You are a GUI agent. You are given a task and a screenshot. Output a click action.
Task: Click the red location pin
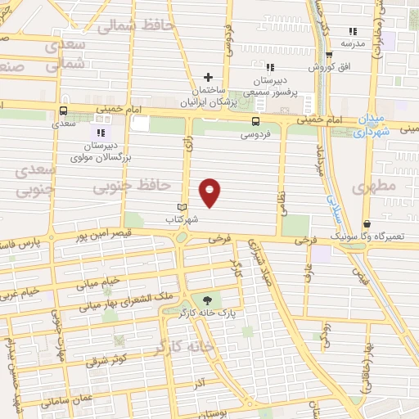(x=211, y=192)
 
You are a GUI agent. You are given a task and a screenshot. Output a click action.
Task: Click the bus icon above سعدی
(x=63, y=111)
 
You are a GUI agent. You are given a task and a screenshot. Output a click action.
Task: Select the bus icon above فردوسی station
(x=257, y=121)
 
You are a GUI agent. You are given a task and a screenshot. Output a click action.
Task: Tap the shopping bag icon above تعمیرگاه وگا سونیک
(x=366, y=223)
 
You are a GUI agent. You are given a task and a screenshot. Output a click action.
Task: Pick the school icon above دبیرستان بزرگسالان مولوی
(x=100, y=131)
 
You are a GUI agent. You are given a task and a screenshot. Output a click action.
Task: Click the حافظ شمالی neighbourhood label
(x=137, y=25)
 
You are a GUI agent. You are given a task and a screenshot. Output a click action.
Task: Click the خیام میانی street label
(x=100, y=282)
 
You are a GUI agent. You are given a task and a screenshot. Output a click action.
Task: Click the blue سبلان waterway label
(x=335, y=202)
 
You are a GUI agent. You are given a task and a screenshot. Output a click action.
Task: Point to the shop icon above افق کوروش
(x=329, y=56)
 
